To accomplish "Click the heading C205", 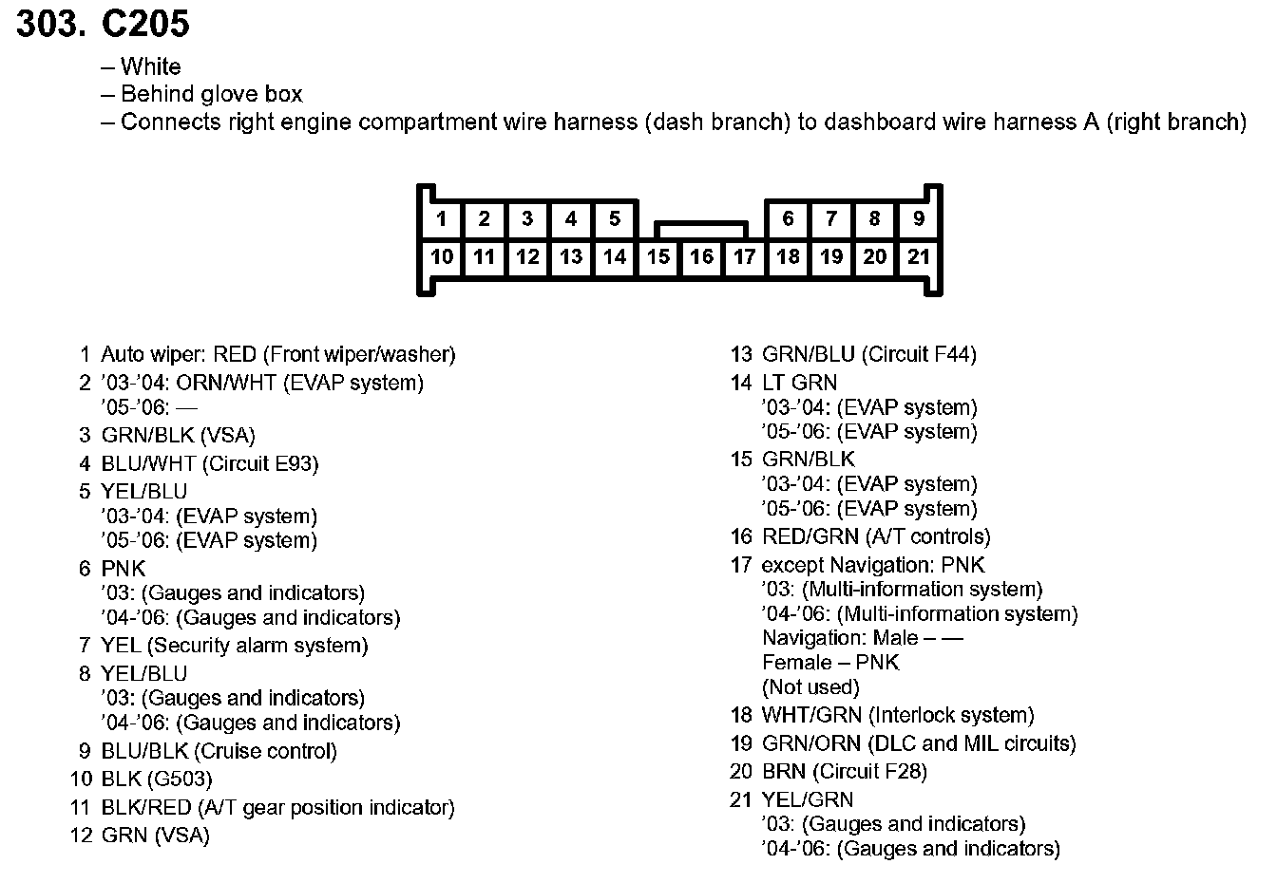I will (144, 24).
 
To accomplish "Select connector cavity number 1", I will (441, 219).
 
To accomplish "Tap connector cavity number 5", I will (615, 219).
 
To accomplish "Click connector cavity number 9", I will (918, 219).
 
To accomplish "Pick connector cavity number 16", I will (701, 256).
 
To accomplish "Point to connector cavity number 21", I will (918, 256).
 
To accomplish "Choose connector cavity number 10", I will (441, 256).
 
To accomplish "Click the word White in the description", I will (150, 66).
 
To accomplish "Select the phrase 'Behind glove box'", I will (211, 94).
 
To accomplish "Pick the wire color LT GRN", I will (799, 383).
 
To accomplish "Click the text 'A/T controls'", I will (927, 536).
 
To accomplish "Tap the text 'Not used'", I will (810, 686).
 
